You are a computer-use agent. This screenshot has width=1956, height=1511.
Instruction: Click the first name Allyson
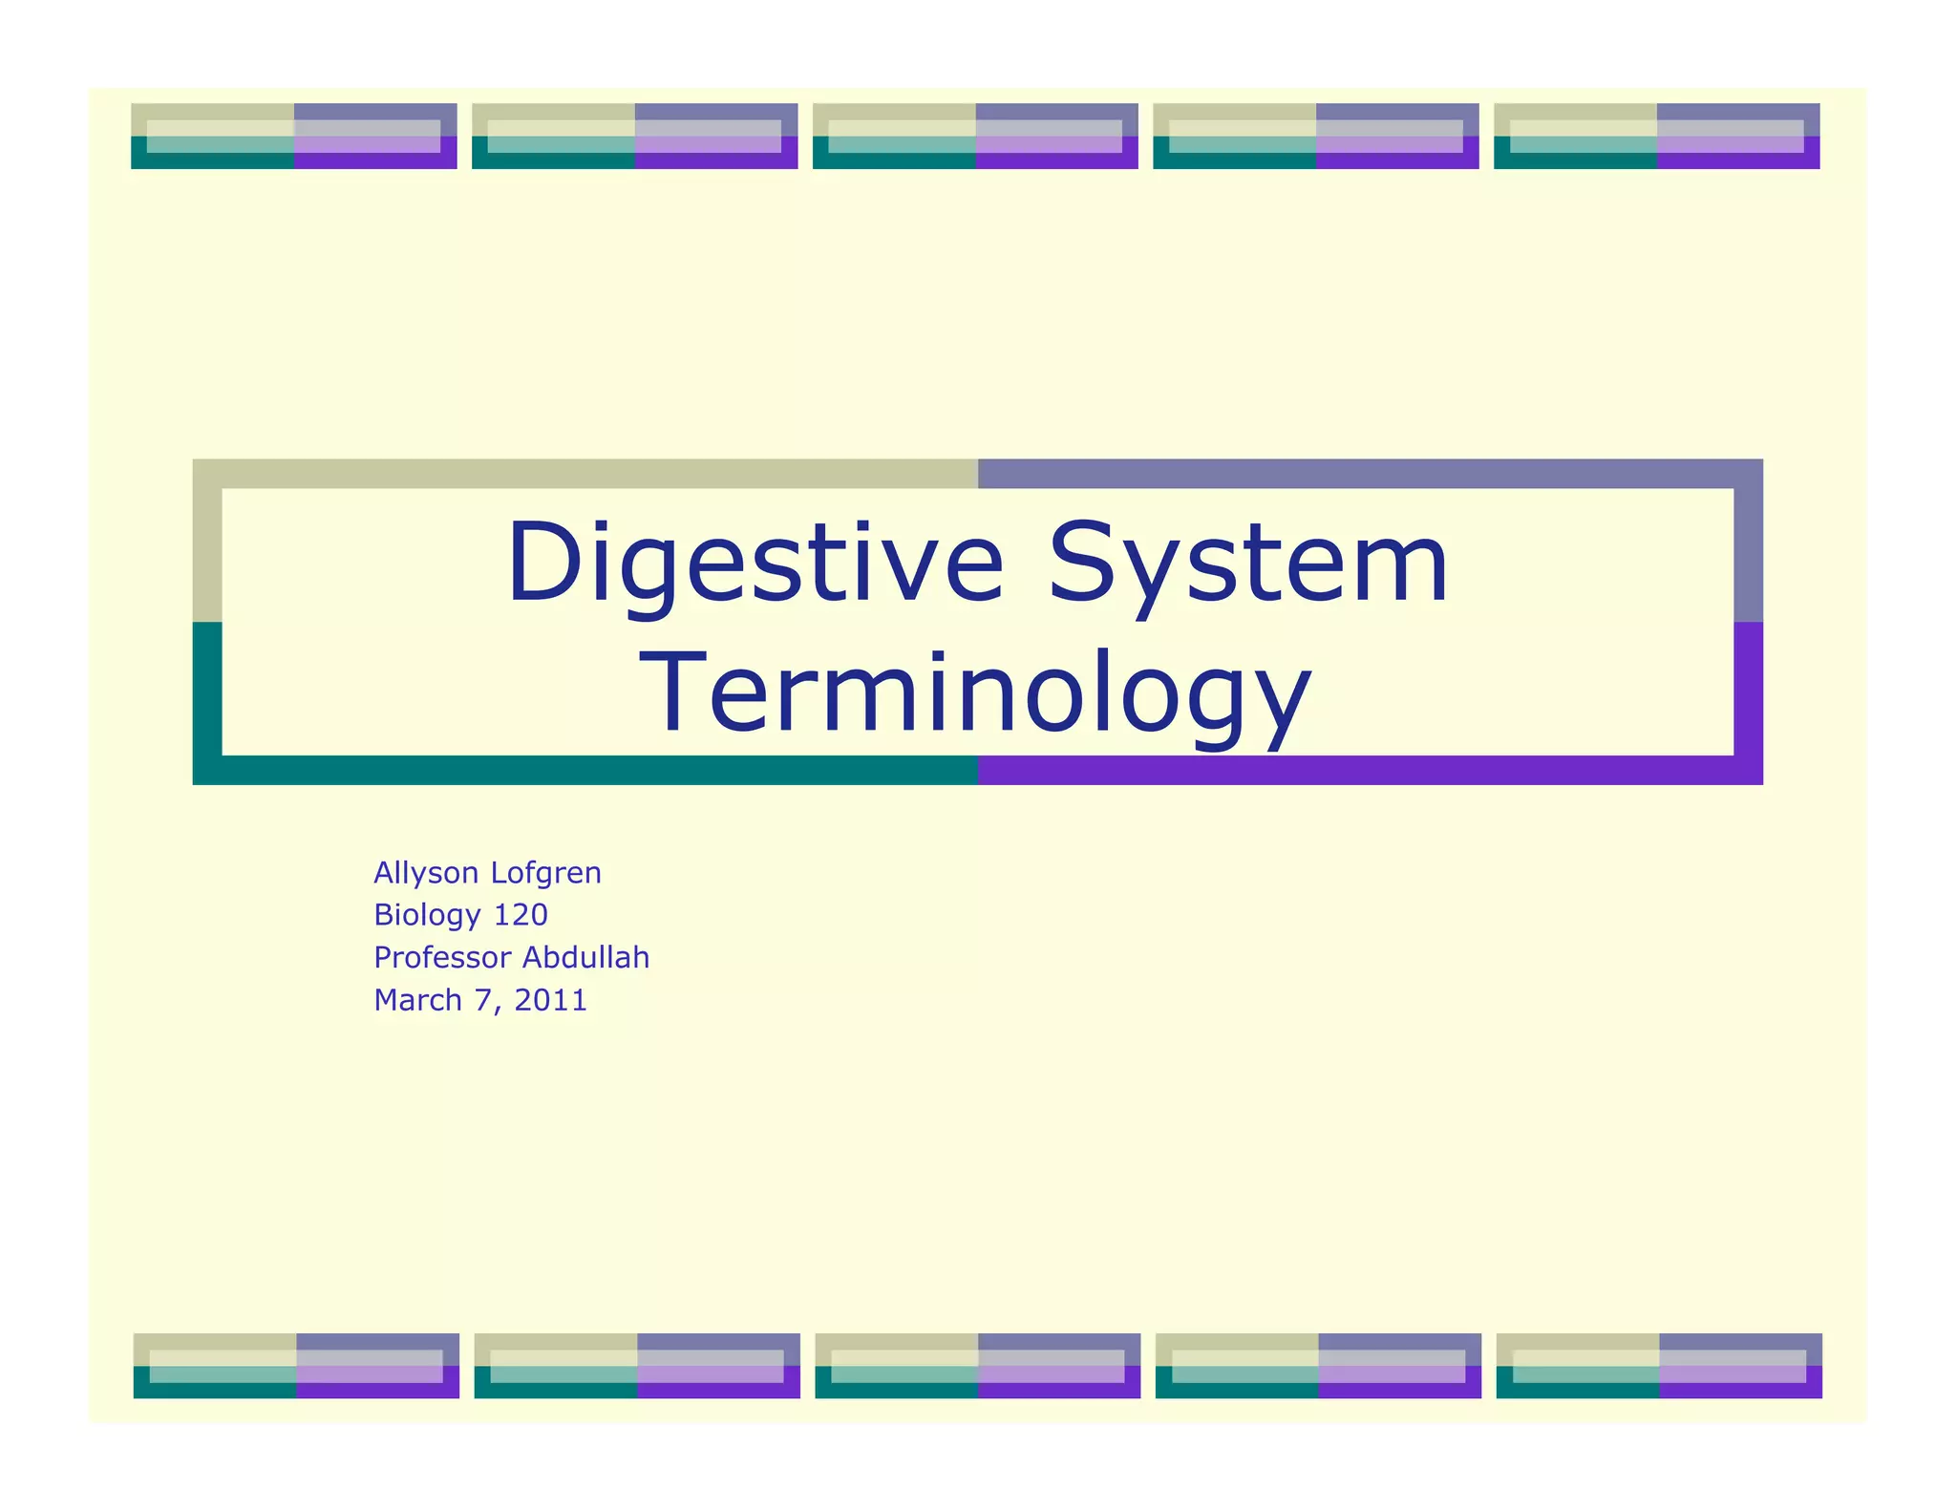click(x=426, y=873)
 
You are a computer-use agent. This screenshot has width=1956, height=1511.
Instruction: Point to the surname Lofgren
click(x=545, y=873)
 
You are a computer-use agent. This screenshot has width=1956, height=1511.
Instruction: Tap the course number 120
click(x=521, y=915)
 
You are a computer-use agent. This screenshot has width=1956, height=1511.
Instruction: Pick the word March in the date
click(x=417, y=1000)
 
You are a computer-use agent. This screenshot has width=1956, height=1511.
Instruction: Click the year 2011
click(x=551, y=1000)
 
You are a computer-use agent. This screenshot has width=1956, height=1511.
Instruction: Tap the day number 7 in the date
click(x=482, y=1000)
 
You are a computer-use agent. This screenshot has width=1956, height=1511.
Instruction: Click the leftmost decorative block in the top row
click(x=294, y=137)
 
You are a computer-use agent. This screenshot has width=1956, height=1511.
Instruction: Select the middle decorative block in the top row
click(x=975, y=137)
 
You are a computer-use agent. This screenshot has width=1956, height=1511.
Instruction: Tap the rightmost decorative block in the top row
click(x=1656, y=137)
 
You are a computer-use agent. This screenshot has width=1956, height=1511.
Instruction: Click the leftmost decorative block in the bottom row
click(x=296, y=1366)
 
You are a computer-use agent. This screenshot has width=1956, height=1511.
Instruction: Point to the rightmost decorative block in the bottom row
click(x=1659, y=1366)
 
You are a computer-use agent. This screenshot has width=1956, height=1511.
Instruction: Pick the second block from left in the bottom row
click(x=637, y=1366)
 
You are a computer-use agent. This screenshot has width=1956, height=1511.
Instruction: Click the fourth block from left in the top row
click(x=1316, y=137)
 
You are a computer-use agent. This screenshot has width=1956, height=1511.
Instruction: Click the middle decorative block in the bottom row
click(x=978, y=1366)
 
